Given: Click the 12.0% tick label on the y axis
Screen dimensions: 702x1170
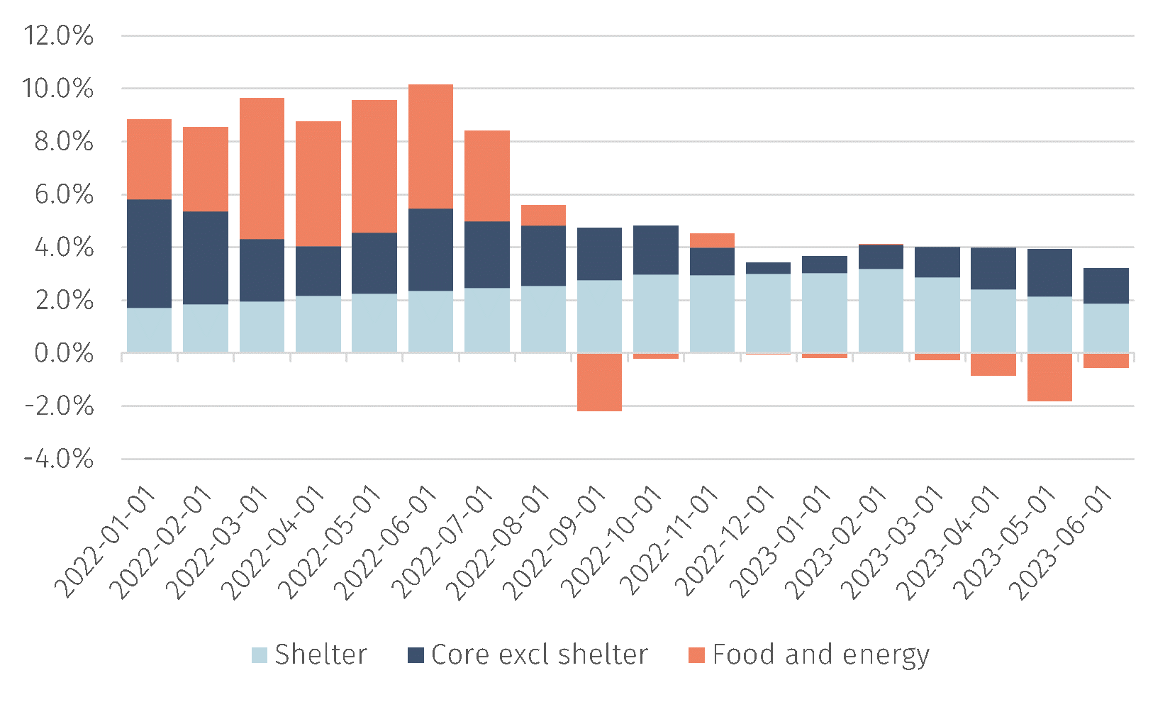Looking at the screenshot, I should tap(58, 36).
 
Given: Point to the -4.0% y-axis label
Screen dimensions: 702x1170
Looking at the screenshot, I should tap(58, 459).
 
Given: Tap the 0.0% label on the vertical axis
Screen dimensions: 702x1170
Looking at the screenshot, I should tap(63, 353).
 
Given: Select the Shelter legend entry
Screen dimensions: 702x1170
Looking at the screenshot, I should tap(310, 654).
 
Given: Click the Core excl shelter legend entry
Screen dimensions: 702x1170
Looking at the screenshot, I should tap(528, 654).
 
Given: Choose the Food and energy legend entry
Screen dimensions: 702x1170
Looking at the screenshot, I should tap(809, 654).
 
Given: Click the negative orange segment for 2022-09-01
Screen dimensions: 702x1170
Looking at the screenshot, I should tap(599, 382).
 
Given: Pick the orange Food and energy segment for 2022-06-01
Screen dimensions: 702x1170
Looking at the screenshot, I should tap(430, 146).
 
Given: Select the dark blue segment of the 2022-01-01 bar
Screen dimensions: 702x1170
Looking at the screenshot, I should tap(149, 253).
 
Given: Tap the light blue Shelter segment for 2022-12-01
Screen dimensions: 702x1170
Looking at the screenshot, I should tap(768, 313).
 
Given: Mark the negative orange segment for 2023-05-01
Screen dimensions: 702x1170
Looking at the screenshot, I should tap(1049, 377).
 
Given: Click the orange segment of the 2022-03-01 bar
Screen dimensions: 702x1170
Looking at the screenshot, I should tap(262, 168).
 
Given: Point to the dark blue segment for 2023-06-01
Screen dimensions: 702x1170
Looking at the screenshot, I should tap(1105, 286).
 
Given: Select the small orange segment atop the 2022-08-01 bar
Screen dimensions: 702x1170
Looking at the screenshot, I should tap(543, 216).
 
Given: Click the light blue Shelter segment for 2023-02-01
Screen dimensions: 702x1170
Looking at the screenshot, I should tap(881, 311).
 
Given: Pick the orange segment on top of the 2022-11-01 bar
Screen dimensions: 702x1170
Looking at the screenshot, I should tap(712, 240).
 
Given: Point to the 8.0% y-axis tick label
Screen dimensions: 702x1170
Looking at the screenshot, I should tap(58, 142).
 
